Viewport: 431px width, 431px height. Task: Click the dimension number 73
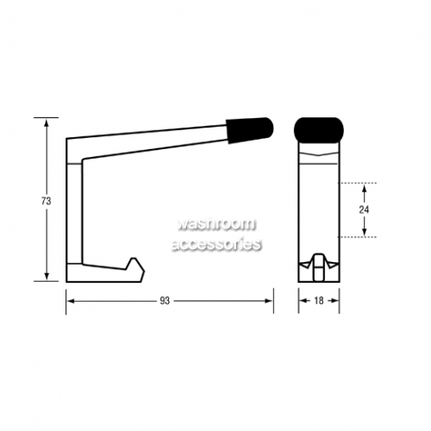click(46, 201)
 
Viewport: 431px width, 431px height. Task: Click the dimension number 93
click(165, 301)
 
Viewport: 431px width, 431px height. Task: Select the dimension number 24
click(364, 210)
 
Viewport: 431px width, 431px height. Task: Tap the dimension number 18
click(319, 301)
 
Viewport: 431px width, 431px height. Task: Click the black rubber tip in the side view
click(249, 130)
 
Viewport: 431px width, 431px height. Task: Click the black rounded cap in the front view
click(319, 130)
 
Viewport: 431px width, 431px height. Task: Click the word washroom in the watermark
click(216, 224)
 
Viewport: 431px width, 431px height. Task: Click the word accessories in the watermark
click(216, 245)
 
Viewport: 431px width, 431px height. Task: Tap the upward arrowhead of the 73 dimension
click(47, 123)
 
